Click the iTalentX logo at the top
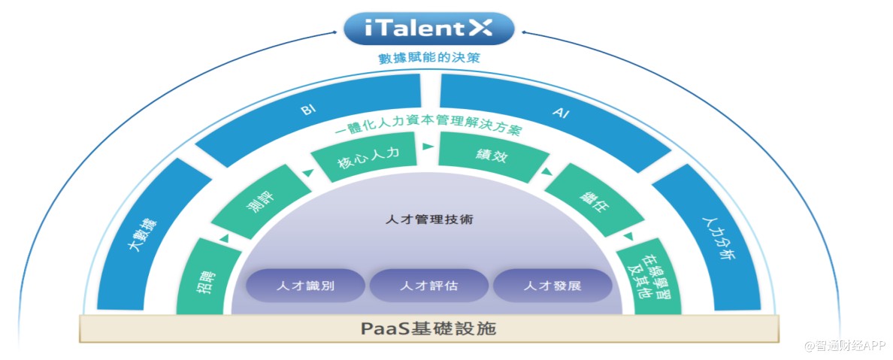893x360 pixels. tap(429, 29)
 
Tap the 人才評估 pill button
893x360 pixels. tap(429, 286)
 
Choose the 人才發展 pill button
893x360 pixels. tap(552, 286)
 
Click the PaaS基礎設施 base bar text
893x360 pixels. tap(429, 329)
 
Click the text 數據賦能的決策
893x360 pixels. tap(429, 58)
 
